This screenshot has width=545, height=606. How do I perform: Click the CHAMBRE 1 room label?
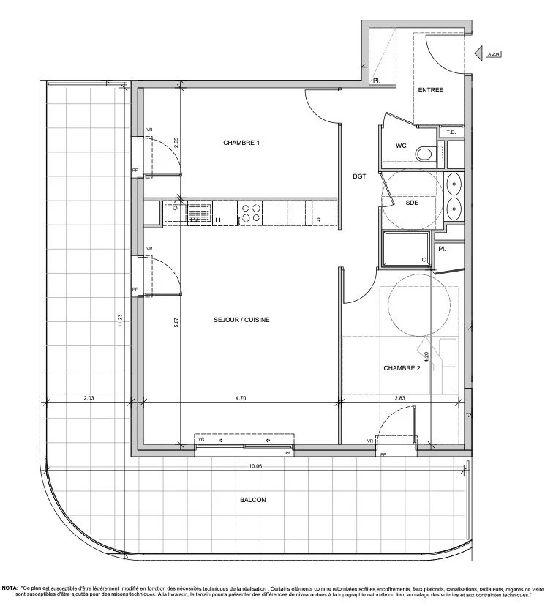click(x=241, y=143)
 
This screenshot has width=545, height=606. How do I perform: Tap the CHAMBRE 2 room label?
click(x=402, y=369)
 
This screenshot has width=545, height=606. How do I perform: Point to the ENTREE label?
click(x=432, y=90)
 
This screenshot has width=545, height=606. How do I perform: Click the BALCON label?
click(x=252, y=500)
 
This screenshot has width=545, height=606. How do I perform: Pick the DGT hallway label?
click(x=359, y=176)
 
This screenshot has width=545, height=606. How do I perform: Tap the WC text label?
click(x=401, y=146)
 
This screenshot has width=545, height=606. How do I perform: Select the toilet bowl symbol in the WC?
click(x=424, y=154)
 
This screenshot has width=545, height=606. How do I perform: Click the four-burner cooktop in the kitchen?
click(x=252, y=212)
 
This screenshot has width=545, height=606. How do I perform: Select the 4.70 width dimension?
click(x=241, y=398)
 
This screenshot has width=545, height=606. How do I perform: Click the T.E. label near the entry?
click(x=451, y=132)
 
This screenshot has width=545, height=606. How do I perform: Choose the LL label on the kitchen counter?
click(x=218, y=220)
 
